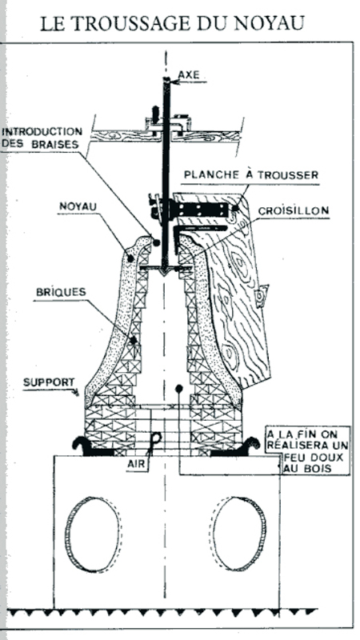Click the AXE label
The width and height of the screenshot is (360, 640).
coord(189,74)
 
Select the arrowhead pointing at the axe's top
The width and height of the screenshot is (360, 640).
coord(173,82)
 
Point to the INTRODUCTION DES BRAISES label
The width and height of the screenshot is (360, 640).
coord(42,138)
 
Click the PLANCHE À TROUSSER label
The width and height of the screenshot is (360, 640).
coord(250,175)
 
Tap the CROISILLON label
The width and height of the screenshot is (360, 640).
coord(294,211)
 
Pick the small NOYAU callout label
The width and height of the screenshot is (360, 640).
coord(78,206)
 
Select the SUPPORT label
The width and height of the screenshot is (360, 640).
coord(49,383)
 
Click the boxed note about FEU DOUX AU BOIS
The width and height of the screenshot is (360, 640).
coord(308,450)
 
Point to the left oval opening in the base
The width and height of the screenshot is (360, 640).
coord(93,534)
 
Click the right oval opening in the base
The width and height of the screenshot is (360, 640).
coord(239,534)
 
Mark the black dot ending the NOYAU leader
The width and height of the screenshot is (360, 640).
coord(130,258)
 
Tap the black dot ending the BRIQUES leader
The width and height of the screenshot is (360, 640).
coord(133,340)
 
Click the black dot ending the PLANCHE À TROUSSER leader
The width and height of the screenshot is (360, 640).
coord(236,208)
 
